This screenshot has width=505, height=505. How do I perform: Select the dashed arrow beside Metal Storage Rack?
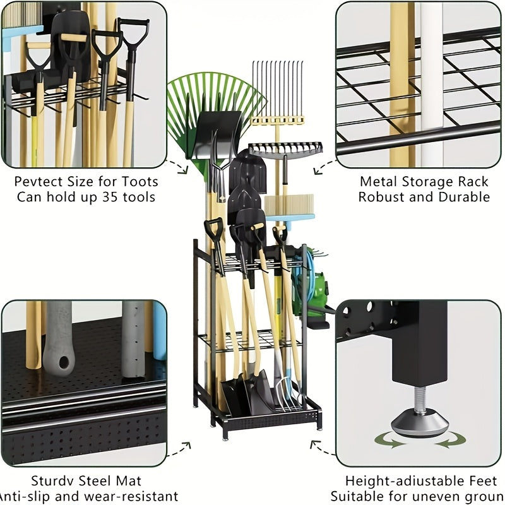pyautogui.click(x=325, y=167)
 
